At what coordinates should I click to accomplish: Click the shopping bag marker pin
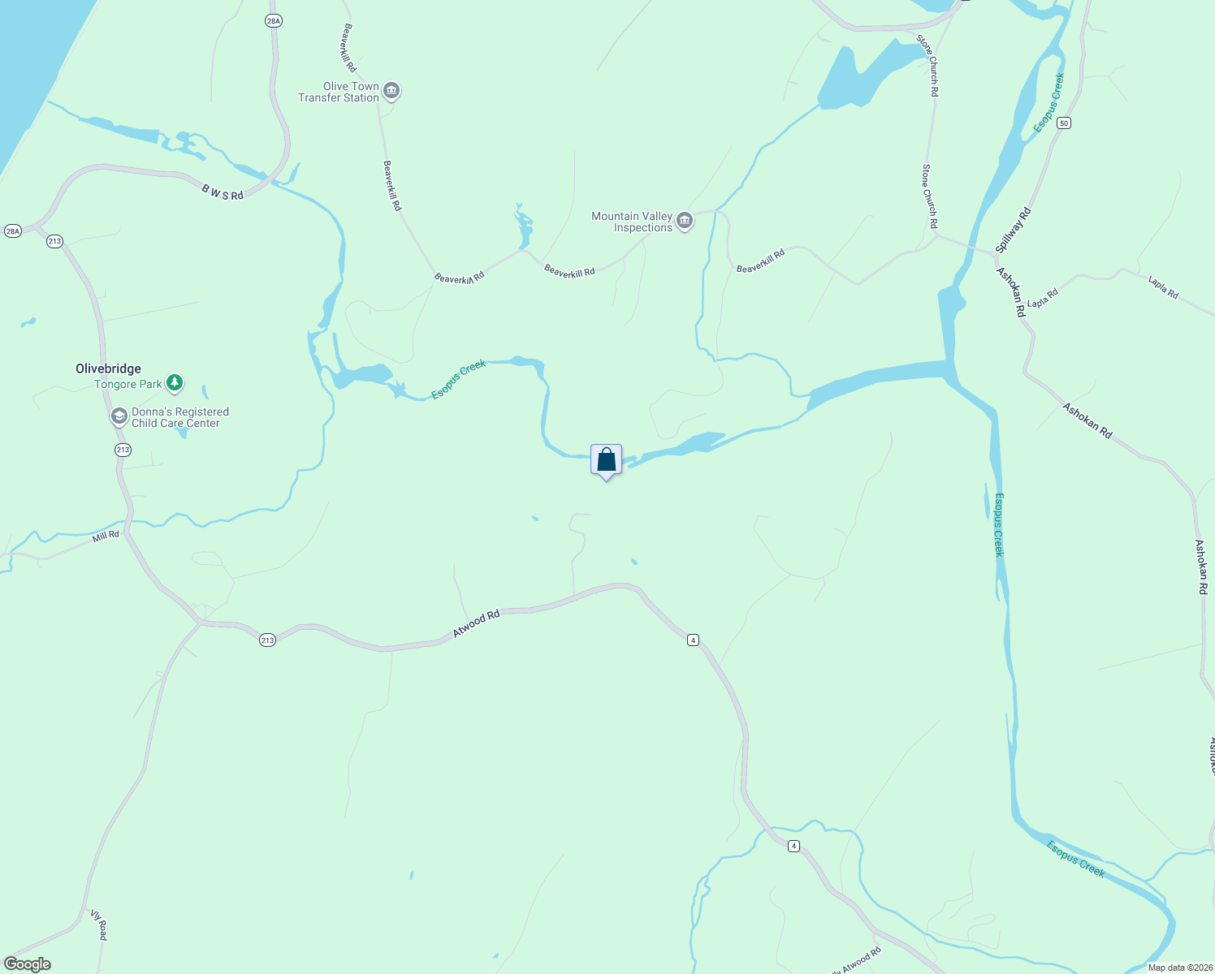pos(606,460)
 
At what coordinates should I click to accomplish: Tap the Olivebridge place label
pos(108,368)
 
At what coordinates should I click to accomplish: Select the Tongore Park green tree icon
pos(174,382)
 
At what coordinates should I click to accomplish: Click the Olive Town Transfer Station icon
pos(391,91)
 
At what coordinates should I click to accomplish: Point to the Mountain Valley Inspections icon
pos(685,221)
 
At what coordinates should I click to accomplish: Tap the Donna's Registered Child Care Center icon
pos(119,417)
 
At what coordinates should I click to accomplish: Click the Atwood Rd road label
pos(475,623)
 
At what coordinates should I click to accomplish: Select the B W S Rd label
pos(223,192)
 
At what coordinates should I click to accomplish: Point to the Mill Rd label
pos(106,535)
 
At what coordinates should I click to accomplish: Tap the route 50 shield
pos(1064,123)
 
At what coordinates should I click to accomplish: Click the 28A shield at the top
pos(273,20)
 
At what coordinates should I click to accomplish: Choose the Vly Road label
pos(99,924)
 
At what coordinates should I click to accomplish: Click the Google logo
pos(28,964)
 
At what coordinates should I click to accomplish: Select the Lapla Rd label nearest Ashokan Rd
pos(1043,298)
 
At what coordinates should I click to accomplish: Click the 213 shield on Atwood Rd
pos(267,640)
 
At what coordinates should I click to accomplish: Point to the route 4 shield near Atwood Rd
pos(692,640)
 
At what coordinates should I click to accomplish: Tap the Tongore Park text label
pos(128,384)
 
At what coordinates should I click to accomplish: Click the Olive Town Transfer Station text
pos(339,92)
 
